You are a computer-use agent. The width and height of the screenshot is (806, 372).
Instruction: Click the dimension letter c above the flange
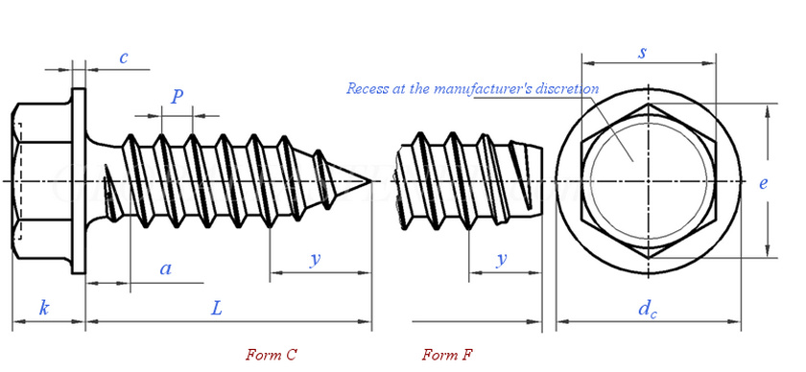(x=124, y=58)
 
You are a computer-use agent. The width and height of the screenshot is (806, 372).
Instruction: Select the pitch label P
(x=178, y=96)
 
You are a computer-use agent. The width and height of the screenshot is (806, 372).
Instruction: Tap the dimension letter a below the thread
(x=165, y=268)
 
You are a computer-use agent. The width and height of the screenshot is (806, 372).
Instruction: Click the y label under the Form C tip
(x=316, y=260)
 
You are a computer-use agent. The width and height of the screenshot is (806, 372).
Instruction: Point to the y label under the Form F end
(x=502, y=260)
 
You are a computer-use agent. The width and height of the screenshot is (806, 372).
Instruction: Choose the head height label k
(x=45, y=309)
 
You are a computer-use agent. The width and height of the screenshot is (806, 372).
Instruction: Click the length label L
(x=218, y=309)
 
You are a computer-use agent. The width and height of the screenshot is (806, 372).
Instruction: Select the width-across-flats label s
(x=642, y=53)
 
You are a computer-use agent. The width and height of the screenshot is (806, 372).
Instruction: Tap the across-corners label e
(x=764, y=183)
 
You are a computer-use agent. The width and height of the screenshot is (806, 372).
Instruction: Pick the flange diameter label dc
(x=648, y=309)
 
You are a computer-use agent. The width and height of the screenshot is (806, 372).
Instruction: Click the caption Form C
(x=271, y=355)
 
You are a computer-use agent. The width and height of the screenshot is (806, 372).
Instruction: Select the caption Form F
(x=447, y=355)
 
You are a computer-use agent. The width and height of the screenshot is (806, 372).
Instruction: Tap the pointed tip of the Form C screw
(x=371, y=181)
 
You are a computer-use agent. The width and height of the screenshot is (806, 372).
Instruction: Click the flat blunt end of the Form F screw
(x=542, y=181)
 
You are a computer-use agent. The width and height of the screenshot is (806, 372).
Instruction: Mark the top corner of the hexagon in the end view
(x=648, y=104)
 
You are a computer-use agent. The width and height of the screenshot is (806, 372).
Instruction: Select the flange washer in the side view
(x=79, y=181)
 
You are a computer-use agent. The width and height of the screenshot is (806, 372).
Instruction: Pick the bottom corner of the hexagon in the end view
(x=648, y=258)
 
